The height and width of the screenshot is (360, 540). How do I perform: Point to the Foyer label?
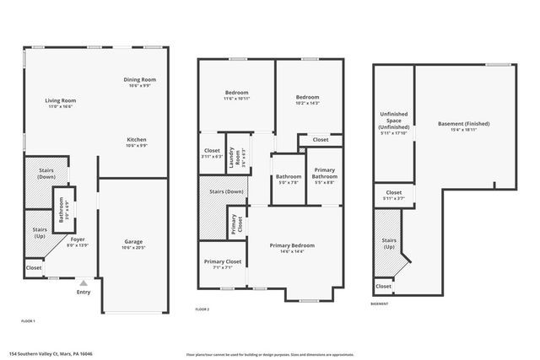point(78,239)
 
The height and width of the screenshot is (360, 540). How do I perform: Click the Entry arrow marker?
point(83,283)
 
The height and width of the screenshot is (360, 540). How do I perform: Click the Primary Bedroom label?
point(292,245)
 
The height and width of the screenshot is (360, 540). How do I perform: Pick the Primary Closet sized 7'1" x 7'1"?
point(223,261)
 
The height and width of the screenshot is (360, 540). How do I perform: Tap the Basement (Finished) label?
point(464,124)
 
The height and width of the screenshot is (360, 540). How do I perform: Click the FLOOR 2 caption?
point(202,309)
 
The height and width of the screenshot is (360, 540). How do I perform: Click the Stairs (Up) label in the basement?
point(389,244)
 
